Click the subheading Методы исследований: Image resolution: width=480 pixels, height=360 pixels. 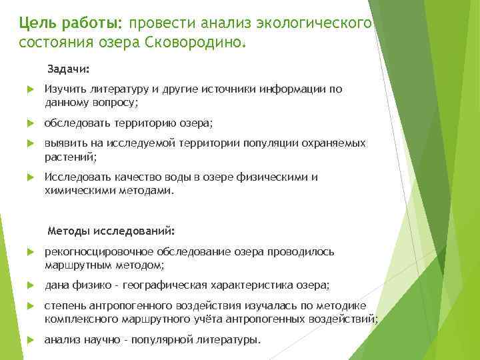coord(111,231)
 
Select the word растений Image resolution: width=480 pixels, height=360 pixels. coord(69,157)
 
